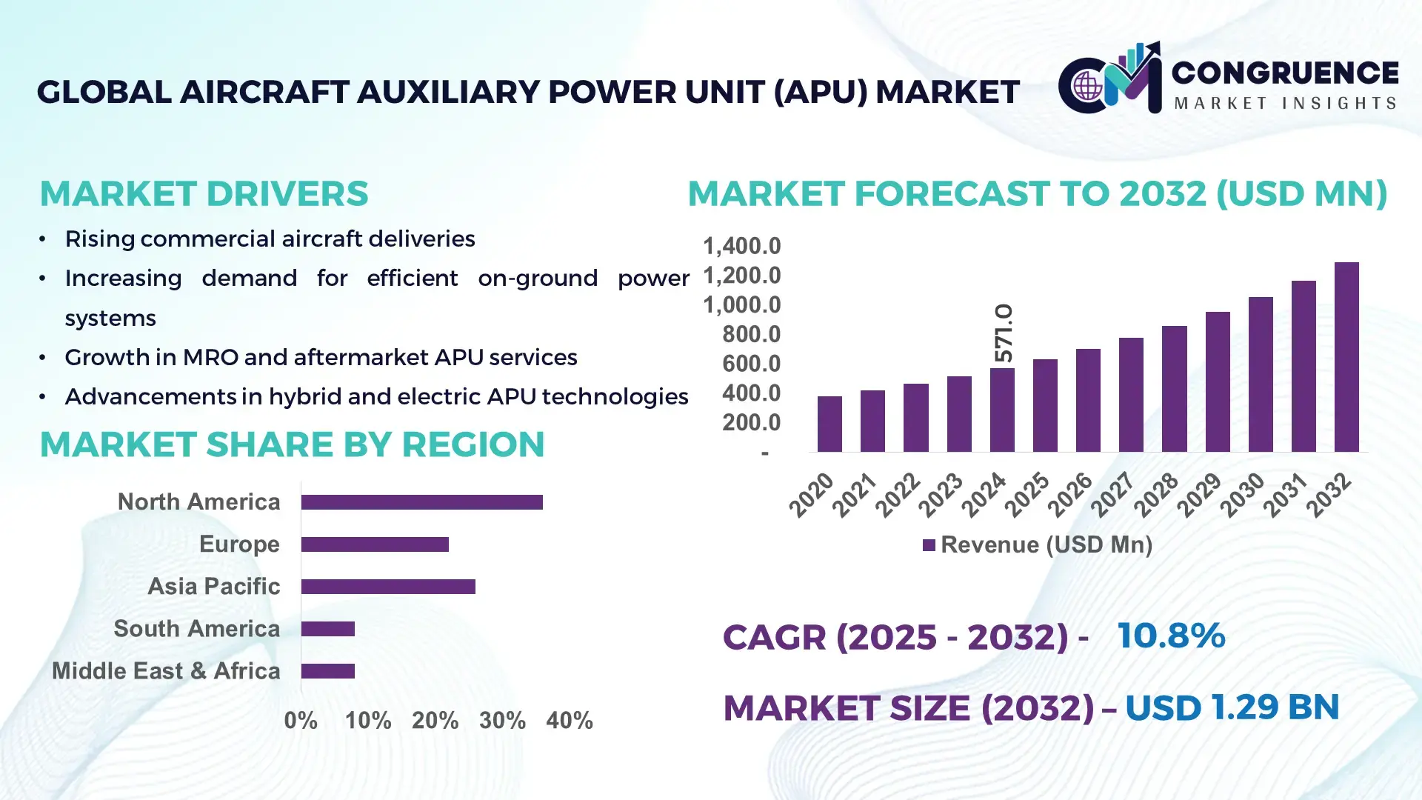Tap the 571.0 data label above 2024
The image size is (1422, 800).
1004,333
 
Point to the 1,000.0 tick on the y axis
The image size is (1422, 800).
741,304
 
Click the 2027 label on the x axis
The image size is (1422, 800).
1112,494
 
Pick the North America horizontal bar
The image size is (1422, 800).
421,502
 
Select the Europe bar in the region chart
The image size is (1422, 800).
375,544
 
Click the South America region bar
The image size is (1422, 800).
328,629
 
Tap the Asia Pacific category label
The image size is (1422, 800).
213,586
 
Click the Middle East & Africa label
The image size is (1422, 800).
166,671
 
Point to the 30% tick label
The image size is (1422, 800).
502,720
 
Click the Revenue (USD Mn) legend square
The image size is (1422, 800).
929,545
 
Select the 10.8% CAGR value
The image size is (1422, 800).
1171,636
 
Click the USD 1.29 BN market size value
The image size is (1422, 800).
1232,707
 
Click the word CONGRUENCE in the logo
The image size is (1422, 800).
1285,73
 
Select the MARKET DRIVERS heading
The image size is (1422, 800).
204,194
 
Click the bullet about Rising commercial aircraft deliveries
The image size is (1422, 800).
270,239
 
